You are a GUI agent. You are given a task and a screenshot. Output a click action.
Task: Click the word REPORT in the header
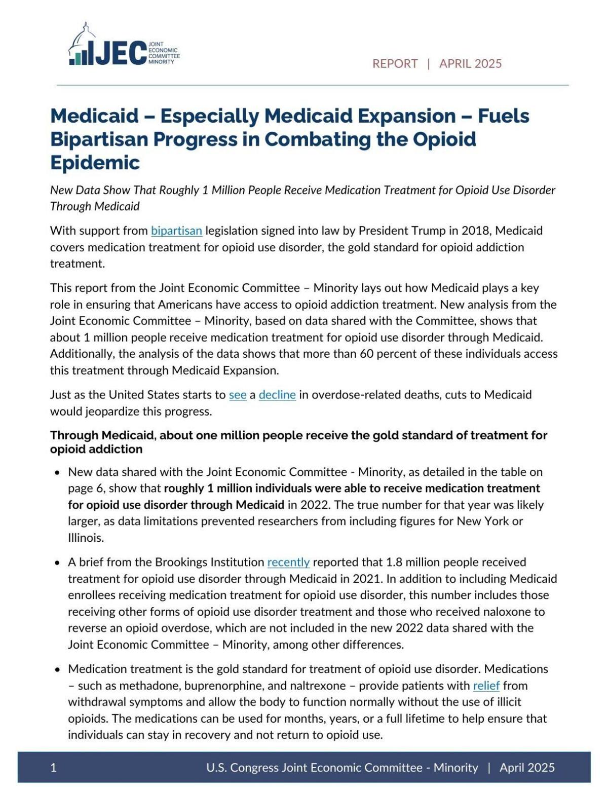(x=395, y=63)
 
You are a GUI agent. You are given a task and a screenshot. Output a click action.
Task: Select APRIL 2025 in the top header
(x=470, y=63)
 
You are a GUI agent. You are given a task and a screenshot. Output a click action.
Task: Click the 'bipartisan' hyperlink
(x=176, y=231)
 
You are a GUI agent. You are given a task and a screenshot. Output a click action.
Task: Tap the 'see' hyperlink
(x=238, y=394)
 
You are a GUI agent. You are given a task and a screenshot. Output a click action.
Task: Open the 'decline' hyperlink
(x=277, y=394)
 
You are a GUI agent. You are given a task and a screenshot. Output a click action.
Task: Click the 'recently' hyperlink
(x=288, y=562)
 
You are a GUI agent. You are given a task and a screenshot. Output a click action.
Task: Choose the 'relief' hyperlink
(x=486, y=686)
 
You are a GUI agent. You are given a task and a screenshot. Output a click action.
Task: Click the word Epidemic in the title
(x=95, y=163)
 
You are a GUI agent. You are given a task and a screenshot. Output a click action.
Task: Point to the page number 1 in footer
(x=53, y=767)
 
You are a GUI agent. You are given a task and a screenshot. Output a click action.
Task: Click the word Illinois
(x=86, y=538)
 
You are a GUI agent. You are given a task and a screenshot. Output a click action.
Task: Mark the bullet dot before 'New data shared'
(x=57, y=472)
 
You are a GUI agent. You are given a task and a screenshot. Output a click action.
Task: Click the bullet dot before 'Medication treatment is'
(x=57, y=669)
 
